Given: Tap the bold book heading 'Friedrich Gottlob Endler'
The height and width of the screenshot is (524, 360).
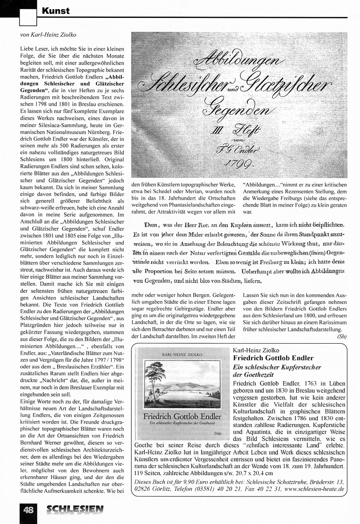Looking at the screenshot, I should point(273,358).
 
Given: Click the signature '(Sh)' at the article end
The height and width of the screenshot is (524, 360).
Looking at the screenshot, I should point(342,336).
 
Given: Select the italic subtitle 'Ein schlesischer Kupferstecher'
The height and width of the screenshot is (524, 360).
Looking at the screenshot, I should point(277,367).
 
